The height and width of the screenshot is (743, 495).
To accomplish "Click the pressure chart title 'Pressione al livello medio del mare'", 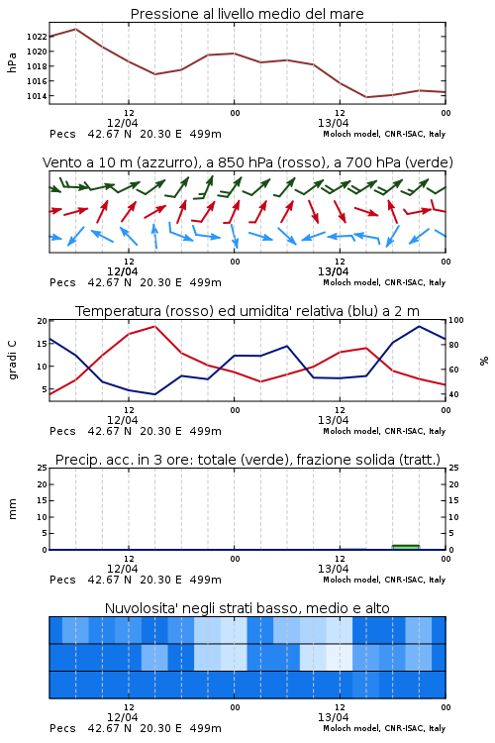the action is (x=247, y=14).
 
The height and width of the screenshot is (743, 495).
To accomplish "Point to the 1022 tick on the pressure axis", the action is (x=37, y=37).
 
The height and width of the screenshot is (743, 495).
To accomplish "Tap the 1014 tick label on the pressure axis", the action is (x=37, y=96).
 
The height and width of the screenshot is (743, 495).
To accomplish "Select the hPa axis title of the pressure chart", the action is (x=12, y=62).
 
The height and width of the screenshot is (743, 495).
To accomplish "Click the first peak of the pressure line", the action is (x=76, y=29).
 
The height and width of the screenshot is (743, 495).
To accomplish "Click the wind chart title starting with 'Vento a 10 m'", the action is (x=247, y=162).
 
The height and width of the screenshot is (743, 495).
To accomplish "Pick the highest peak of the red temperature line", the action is (x=154, y=326).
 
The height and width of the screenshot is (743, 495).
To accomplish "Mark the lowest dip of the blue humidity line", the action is (x=154, y=394).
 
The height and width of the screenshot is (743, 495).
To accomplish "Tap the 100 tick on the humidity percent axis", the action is (x=456, y=320).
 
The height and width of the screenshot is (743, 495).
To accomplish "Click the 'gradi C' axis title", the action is (x=13, y=360).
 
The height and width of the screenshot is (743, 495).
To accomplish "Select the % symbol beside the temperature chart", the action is (x=484, y=361).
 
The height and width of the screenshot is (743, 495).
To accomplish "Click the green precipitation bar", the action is (x=406, y=547).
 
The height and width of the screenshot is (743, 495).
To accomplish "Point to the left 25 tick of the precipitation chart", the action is (x=43, y=468).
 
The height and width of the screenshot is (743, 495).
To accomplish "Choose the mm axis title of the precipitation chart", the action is (x=12, y=509).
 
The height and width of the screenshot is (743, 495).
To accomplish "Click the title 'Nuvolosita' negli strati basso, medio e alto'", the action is (x=247, y=608).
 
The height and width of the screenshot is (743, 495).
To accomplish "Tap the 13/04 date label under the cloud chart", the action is (x=333, y=717).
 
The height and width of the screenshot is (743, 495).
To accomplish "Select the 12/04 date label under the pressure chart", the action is (x=122, y=123).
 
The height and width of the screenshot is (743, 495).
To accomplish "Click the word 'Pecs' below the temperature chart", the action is (x=62, y=431).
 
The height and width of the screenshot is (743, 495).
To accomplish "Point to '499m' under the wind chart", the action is (x=206, y=283).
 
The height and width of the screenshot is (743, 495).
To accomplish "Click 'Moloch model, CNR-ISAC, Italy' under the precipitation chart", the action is (x=384, y=580).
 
